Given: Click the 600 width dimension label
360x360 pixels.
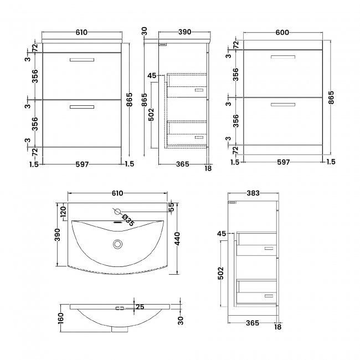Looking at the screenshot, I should [282, 32].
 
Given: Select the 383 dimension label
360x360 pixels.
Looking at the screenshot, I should [253, 193].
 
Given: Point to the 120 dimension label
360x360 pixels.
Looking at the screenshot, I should [63, 211].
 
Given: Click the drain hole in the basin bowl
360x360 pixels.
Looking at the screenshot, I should [117, 243].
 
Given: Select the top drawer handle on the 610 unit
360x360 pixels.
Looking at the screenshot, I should [81, 60].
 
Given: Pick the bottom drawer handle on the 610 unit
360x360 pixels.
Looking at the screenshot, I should [81, 107].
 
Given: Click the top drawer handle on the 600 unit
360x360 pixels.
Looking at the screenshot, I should [282, 57].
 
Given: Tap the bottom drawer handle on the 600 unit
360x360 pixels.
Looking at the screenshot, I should [282, 104].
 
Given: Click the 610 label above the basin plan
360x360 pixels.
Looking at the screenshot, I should [117, 193].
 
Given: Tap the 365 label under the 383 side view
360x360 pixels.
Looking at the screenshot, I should [253, 337].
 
